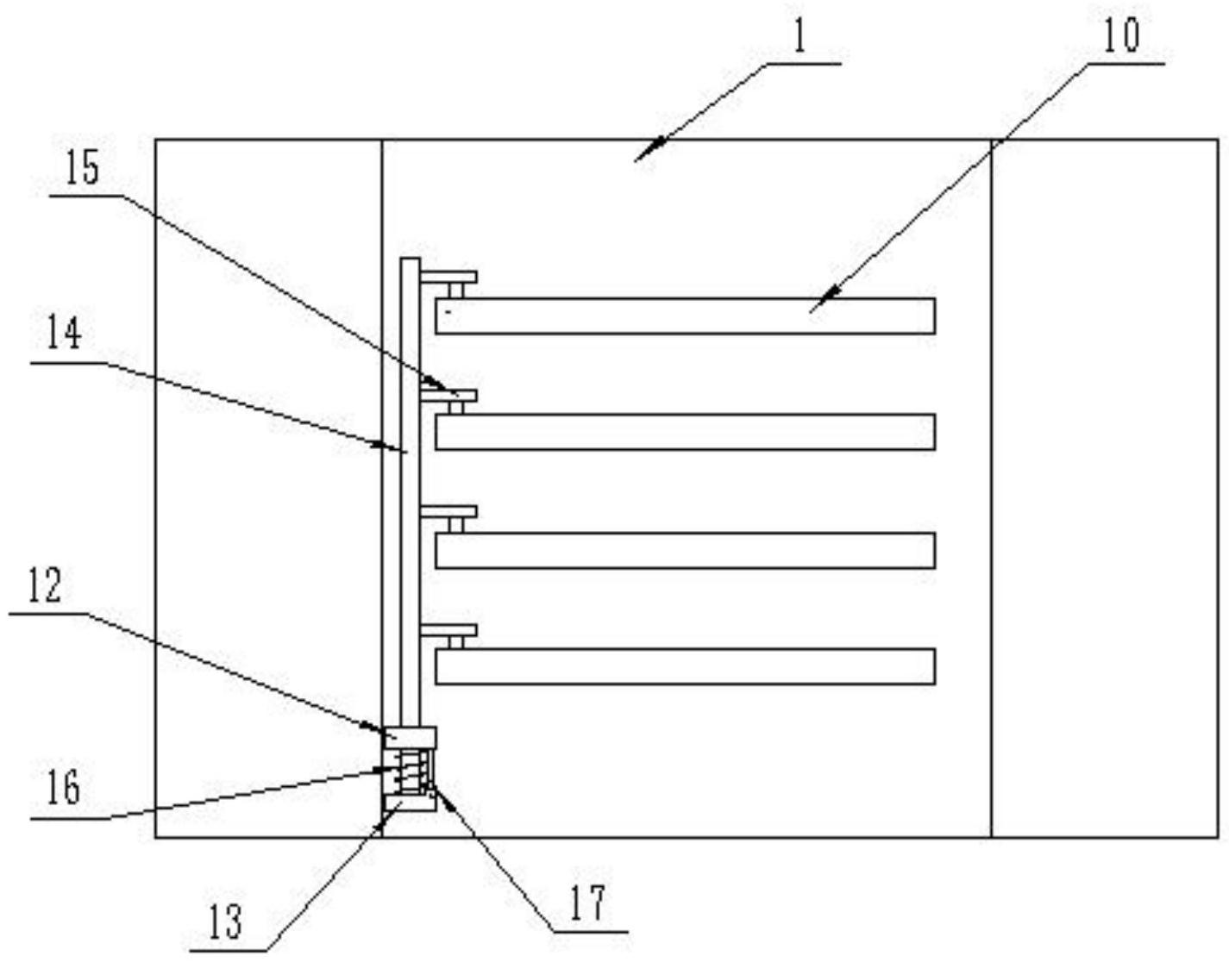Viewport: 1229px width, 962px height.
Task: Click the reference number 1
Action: point(799,38)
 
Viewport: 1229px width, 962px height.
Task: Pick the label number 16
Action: point(63,788)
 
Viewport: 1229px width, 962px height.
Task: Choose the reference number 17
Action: point(587,903)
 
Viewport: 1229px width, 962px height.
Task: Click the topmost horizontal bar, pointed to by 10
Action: point(685,315)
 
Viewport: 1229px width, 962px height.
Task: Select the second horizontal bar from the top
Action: point(685,432)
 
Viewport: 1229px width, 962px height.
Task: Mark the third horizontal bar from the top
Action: point(685,550)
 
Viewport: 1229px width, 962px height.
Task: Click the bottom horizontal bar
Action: point(685,666)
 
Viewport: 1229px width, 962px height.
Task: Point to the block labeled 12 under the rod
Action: point(411,737)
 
